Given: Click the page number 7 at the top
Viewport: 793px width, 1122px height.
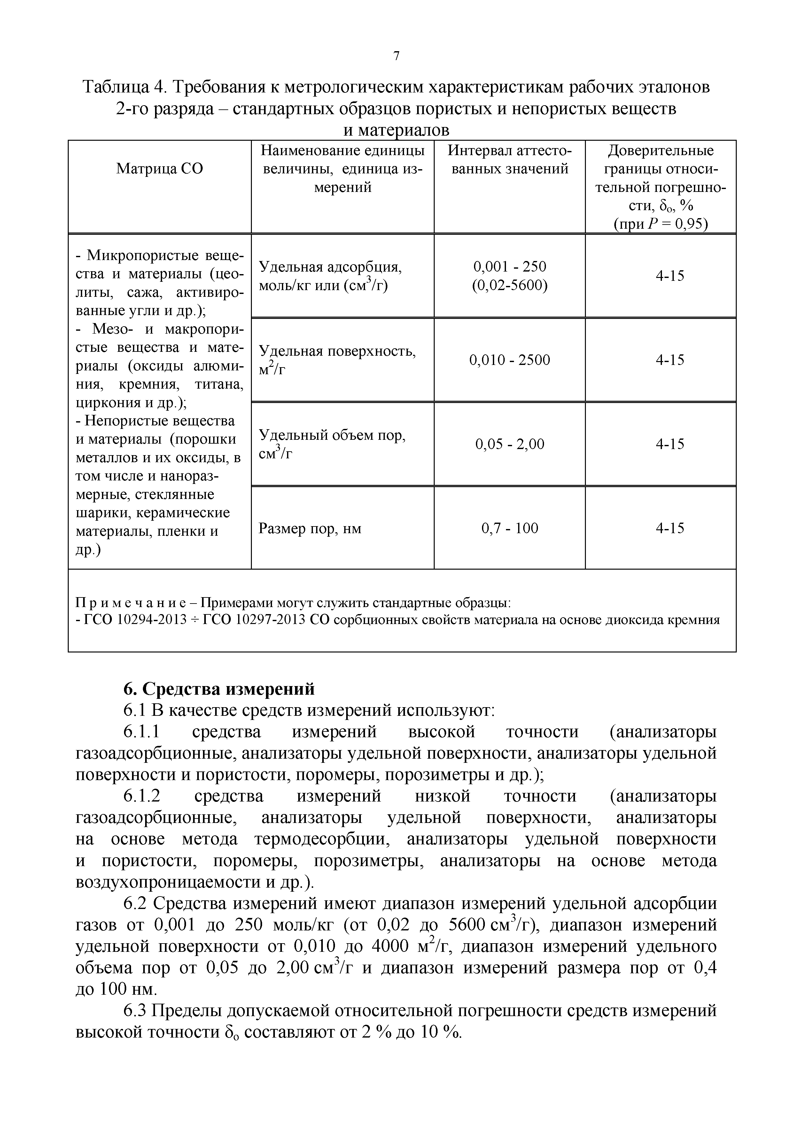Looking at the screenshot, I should tap(396, 56).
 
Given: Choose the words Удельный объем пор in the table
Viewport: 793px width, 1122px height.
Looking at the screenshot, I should tap(332, 435).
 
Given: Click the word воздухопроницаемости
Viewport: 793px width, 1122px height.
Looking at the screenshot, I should tap(168, 882).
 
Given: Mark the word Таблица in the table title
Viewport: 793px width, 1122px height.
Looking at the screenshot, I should tap(116, 87).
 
